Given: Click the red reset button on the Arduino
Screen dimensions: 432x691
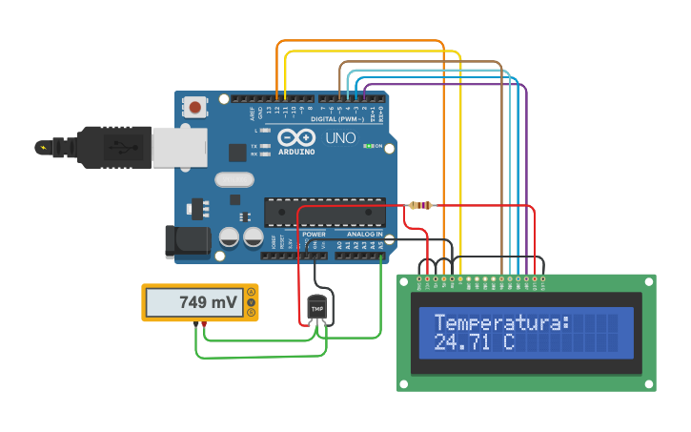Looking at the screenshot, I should pyautogui.click(x=195, y=107).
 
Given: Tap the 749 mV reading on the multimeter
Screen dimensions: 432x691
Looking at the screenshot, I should pyautogui.click(x=207, y=302).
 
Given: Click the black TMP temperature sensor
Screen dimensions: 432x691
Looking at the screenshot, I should pyautogui.click(x=317, y=309).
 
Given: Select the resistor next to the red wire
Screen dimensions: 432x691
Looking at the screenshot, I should pyautogui.click(x=420, y=205).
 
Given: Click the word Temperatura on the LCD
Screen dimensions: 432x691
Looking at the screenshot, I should pyautogui.click(x=501, y=322).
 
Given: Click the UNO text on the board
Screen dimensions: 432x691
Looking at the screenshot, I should pyautogui.click(x=340, y=138).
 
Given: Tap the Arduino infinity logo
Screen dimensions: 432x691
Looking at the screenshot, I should pyautogui.click(x=296, y=137).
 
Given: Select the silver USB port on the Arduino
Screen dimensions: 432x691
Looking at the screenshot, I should pyautogui.click(x=179, y=148).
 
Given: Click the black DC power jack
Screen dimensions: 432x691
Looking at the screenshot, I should pyautogui.click(x=188, y=241).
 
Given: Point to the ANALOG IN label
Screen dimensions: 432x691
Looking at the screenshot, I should pyautogui.click(x=365, y=234).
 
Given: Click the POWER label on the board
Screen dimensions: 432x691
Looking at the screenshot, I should pyautogui.click(x=314, y=234).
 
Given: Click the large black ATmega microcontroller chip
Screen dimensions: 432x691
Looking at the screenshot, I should pyautogui.click(x=324, y=212).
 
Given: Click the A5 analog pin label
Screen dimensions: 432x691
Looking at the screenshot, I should pyautogui.click(x=381, y=245).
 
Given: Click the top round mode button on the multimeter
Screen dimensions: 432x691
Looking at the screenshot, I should pyautogui.click(x=250, y=292).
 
